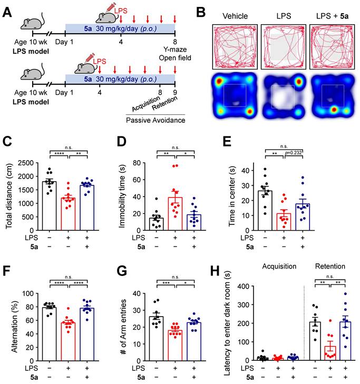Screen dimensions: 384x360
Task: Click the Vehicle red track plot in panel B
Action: (x=235, y=46)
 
